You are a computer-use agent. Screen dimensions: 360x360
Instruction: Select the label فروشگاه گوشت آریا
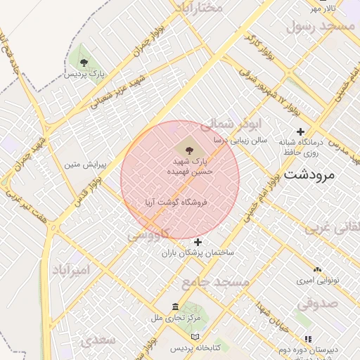click(x=179, y=202)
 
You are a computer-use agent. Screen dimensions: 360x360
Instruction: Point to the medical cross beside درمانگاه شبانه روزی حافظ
click(x=301, y=131)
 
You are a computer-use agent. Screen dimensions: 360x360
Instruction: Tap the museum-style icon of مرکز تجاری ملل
click(x=176, y=307)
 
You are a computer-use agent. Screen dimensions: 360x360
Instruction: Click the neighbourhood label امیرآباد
click(x=72, y=270)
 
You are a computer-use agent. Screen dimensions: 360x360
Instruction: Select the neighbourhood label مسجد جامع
click(x=215, y=282)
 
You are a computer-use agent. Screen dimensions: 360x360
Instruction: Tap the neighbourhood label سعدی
click(x=98, y=340)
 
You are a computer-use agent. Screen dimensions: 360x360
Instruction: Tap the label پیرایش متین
click(x=85, y=166)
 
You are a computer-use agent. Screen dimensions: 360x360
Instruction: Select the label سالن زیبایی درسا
click(x=240, y=141)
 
